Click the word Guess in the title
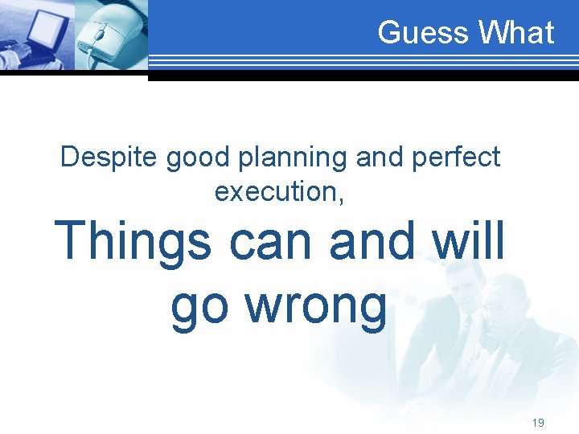[x=423, y=33]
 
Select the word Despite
[x=109, y=158]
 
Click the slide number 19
[x=537, y=422]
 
